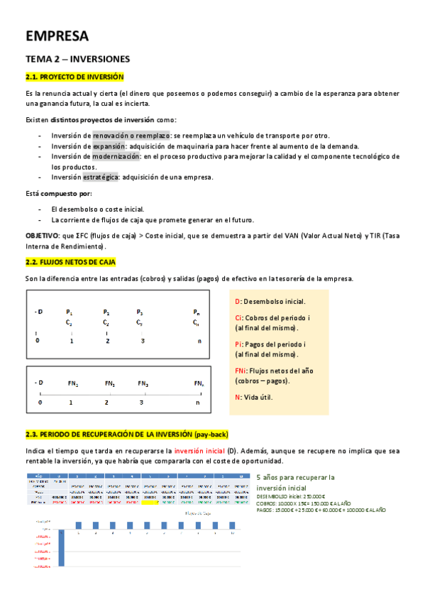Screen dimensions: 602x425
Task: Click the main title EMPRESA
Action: [x=57, y=36]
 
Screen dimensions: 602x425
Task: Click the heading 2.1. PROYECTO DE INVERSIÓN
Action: [x=74, y=77]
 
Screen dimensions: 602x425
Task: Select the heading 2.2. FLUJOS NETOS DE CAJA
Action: [x=70, y=242]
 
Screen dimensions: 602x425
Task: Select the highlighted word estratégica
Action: [x=114, y=177]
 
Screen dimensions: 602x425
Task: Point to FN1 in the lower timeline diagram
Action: [x=72, y=383]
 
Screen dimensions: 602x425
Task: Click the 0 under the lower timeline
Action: [x=40, y=403]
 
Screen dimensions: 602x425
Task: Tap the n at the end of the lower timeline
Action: [x=198, y=403]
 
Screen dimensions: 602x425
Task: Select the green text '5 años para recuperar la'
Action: [x=294, y=478]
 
